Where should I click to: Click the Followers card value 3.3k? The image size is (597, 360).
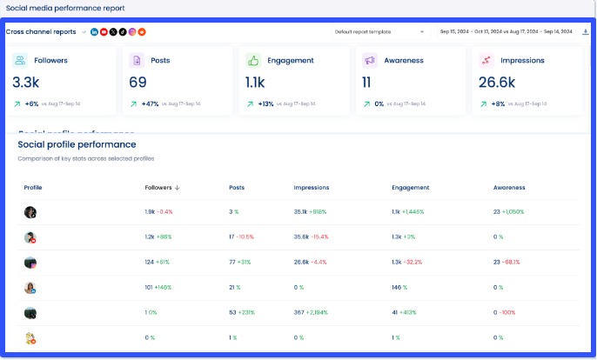26,83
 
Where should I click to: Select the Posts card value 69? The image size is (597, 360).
138,83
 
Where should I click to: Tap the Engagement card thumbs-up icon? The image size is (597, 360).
253,61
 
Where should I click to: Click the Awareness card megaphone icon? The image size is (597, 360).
370,61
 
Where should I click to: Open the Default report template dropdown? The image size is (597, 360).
379,31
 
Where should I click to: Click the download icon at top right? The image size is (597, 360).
585,31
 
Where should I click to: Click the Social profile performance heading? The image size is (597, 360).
77,144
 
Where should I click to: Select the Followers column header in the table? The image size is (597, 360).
162,187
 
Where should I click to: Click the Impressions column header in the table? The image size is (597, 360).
311,187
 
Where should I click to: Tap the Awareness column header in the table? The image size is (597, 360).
509,187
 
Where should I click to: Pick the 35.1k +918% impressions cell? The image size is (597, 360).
310,212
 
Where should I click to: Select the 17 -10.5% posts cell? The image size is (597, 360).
241,237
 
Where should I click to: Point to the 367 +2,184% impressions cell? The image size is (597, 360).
312,313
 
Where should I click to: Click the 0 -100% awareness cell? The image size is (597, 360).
506,313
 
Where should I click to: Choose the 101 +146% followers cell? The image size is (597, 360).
158,288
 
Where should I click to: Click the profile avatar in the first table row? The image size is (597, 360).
30,212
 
